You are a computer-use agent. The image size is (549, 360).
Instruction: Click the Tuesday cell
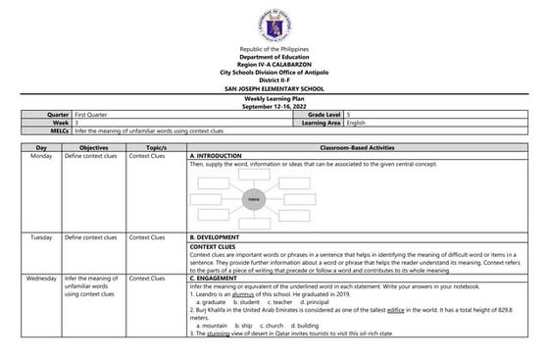click(41, 237)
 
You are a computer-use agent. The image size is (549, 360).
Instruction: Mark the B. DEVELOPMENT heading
click(219, 237)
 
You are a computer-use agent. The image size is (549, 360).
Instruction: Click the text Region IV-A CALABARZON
click(274, 65)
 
